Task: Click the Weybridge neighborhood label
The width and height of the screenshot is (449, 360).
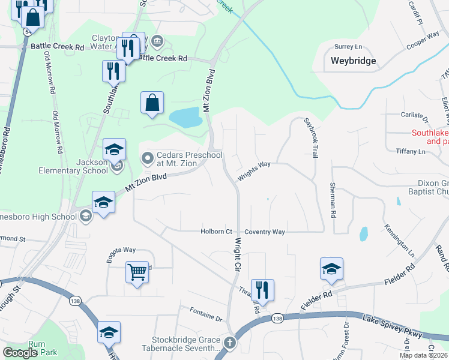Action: [353, 61]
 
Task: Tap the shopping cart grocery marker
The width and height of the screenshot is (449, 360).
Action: [137, 272]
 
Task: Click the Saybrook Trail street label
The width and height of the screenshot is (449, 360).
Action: [311, 137]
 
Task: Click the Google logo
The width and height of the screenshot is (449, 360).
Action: [19, 353]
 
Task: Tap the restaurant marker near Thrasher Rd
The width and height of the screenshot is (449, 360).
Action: [262, 290]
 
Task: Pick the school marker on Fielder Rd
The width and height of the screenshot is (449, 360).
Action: [331, 270]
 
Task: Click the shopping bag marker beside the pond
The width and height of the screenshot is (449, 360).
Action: [152, 103]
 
